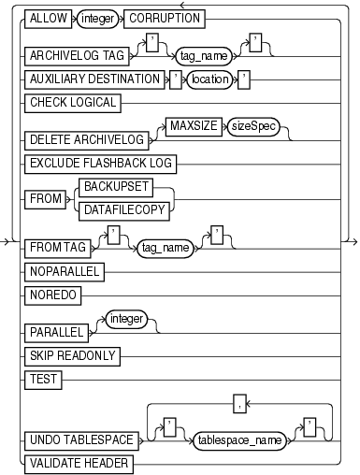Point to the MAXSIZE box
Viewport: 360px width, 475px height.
(x=193, y=123)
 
